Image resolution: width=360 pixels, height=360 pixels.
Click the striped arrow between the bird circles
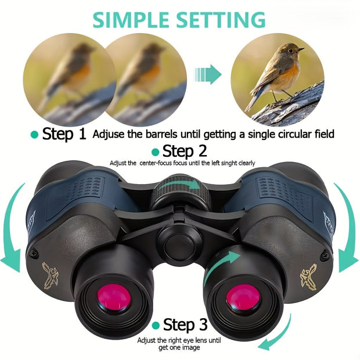208,75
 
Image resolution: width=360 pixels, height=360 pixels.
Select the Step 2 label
185,152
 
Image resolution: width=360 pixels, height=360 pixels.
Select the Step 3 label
185,324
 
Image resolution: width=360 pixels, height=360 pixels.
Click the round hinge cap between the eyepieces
177,243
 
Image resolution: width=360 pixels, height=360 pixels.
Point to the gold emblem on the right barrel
308,276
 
